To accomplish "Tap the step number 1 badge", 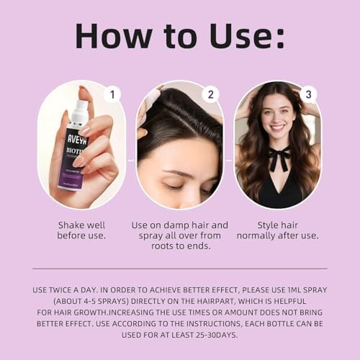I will pyautogui.click(x=112, y=94).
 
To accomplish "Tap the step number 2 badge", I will pyautogui.click(x=210, y=94).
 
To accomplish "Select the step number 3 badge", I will pyautogui.click(x=308, y=94).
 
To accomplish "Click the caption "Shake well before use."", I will pyautogui.click(x=81, y=230).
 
